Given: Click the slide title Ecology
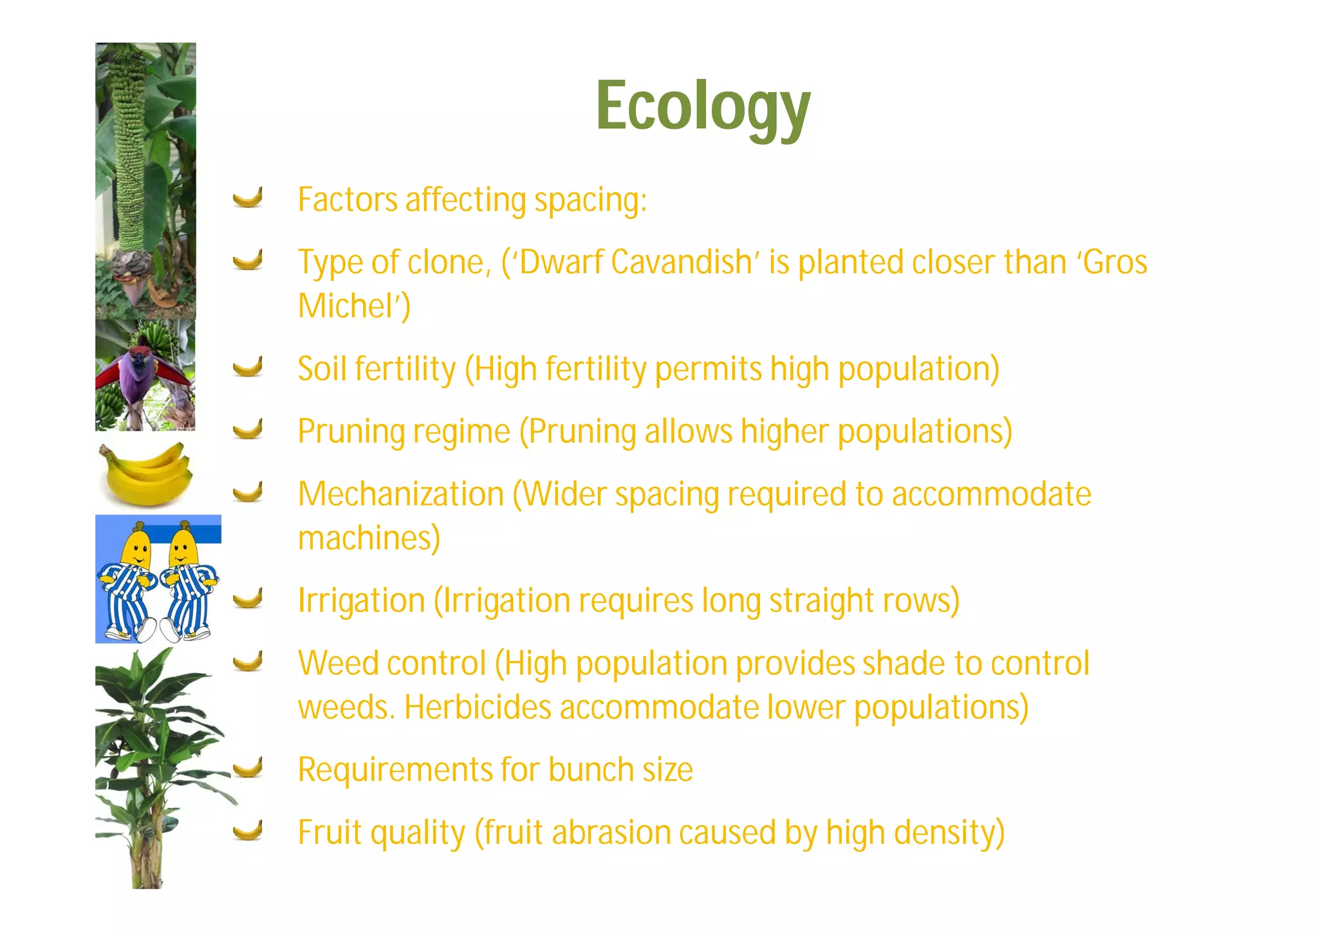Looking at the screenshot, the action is pyautogui.click(x=703, y=107).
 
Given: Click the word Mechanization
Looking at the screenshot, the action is pyautogui.click(x=401, y=495).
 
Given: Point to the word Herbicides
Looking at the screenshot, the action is pyautogui.click(x=478, y=707).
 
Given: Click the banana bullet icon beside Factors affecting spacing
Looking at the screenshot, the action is pyautogui.click(x=248, y=198).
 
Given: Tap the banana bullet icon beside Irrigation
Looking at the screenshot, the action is pyautogui.click(x=248, y=598).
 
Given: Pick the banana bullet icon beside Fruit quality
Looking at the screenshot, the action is pyautogui.click(x=248, y=830).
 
